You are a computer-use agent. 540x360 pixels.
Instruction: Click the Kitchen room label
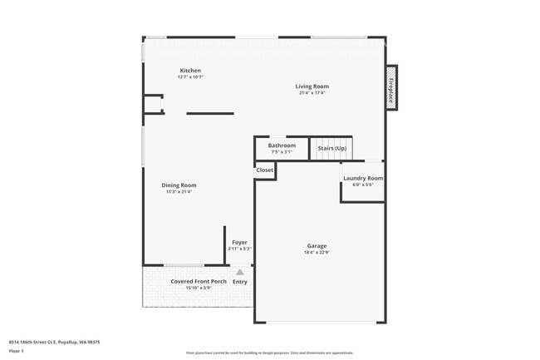coord(190,71)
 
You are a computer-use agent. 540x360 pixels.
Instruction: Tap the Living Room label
coord(312,86)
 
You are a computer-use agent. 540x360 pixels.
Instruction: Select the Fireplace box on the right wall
coord(390,87)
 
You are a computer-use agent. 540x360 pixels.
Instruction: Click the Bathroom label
coord(282,145)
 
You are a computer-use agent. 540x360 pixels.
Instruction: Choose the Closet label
coord(265,170)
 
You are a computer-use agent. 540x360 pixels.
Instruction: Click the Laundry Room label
coord(363,178)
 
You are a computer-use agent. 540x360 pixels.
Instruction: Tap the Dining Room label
coord(179,185)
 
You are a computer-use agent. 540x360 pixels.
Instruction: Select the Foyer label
coord(239,243)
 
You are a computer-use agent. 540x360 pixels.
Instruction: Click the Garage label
coord(317,245)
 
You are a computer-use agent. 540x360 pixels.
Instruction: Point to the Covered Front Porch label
coord(199,281)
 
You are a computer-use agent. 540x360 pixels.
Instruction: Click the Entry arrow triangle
coord(240,272)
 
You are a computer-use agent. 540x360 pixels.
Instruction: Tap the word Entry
coord(240,282)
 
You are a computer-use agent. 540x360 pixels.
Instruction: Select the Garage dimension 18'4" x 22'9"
coord(317,252)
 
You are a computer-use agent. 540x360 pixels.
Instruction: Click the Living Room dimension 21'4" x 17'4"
coord(312,93)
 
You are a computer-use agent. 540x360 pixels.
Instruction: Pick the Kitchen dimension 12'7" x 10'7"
coord(190,77)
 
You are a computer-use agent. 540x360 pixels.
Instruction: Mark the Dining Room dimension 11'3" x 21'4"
coord(179,192)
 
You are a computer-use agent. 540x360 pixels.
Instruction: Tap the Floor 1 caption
coord(17,351)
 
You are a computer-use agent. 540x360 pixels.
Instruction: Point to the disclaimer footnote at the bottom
coord(269,353)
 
